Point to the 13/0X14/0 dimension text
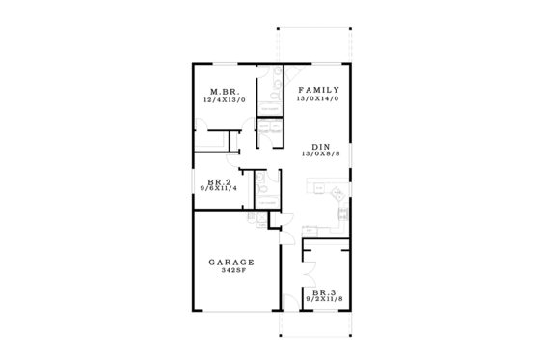[323, 98]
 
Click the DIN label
[322, 147]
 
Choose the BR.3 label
[324, 291]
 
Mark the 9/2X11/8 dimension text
[324, 300]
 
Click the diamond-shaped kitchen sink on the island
[337, 191]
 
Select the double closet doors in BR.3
[322, 253]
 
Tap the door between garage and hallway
[274, 225]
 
